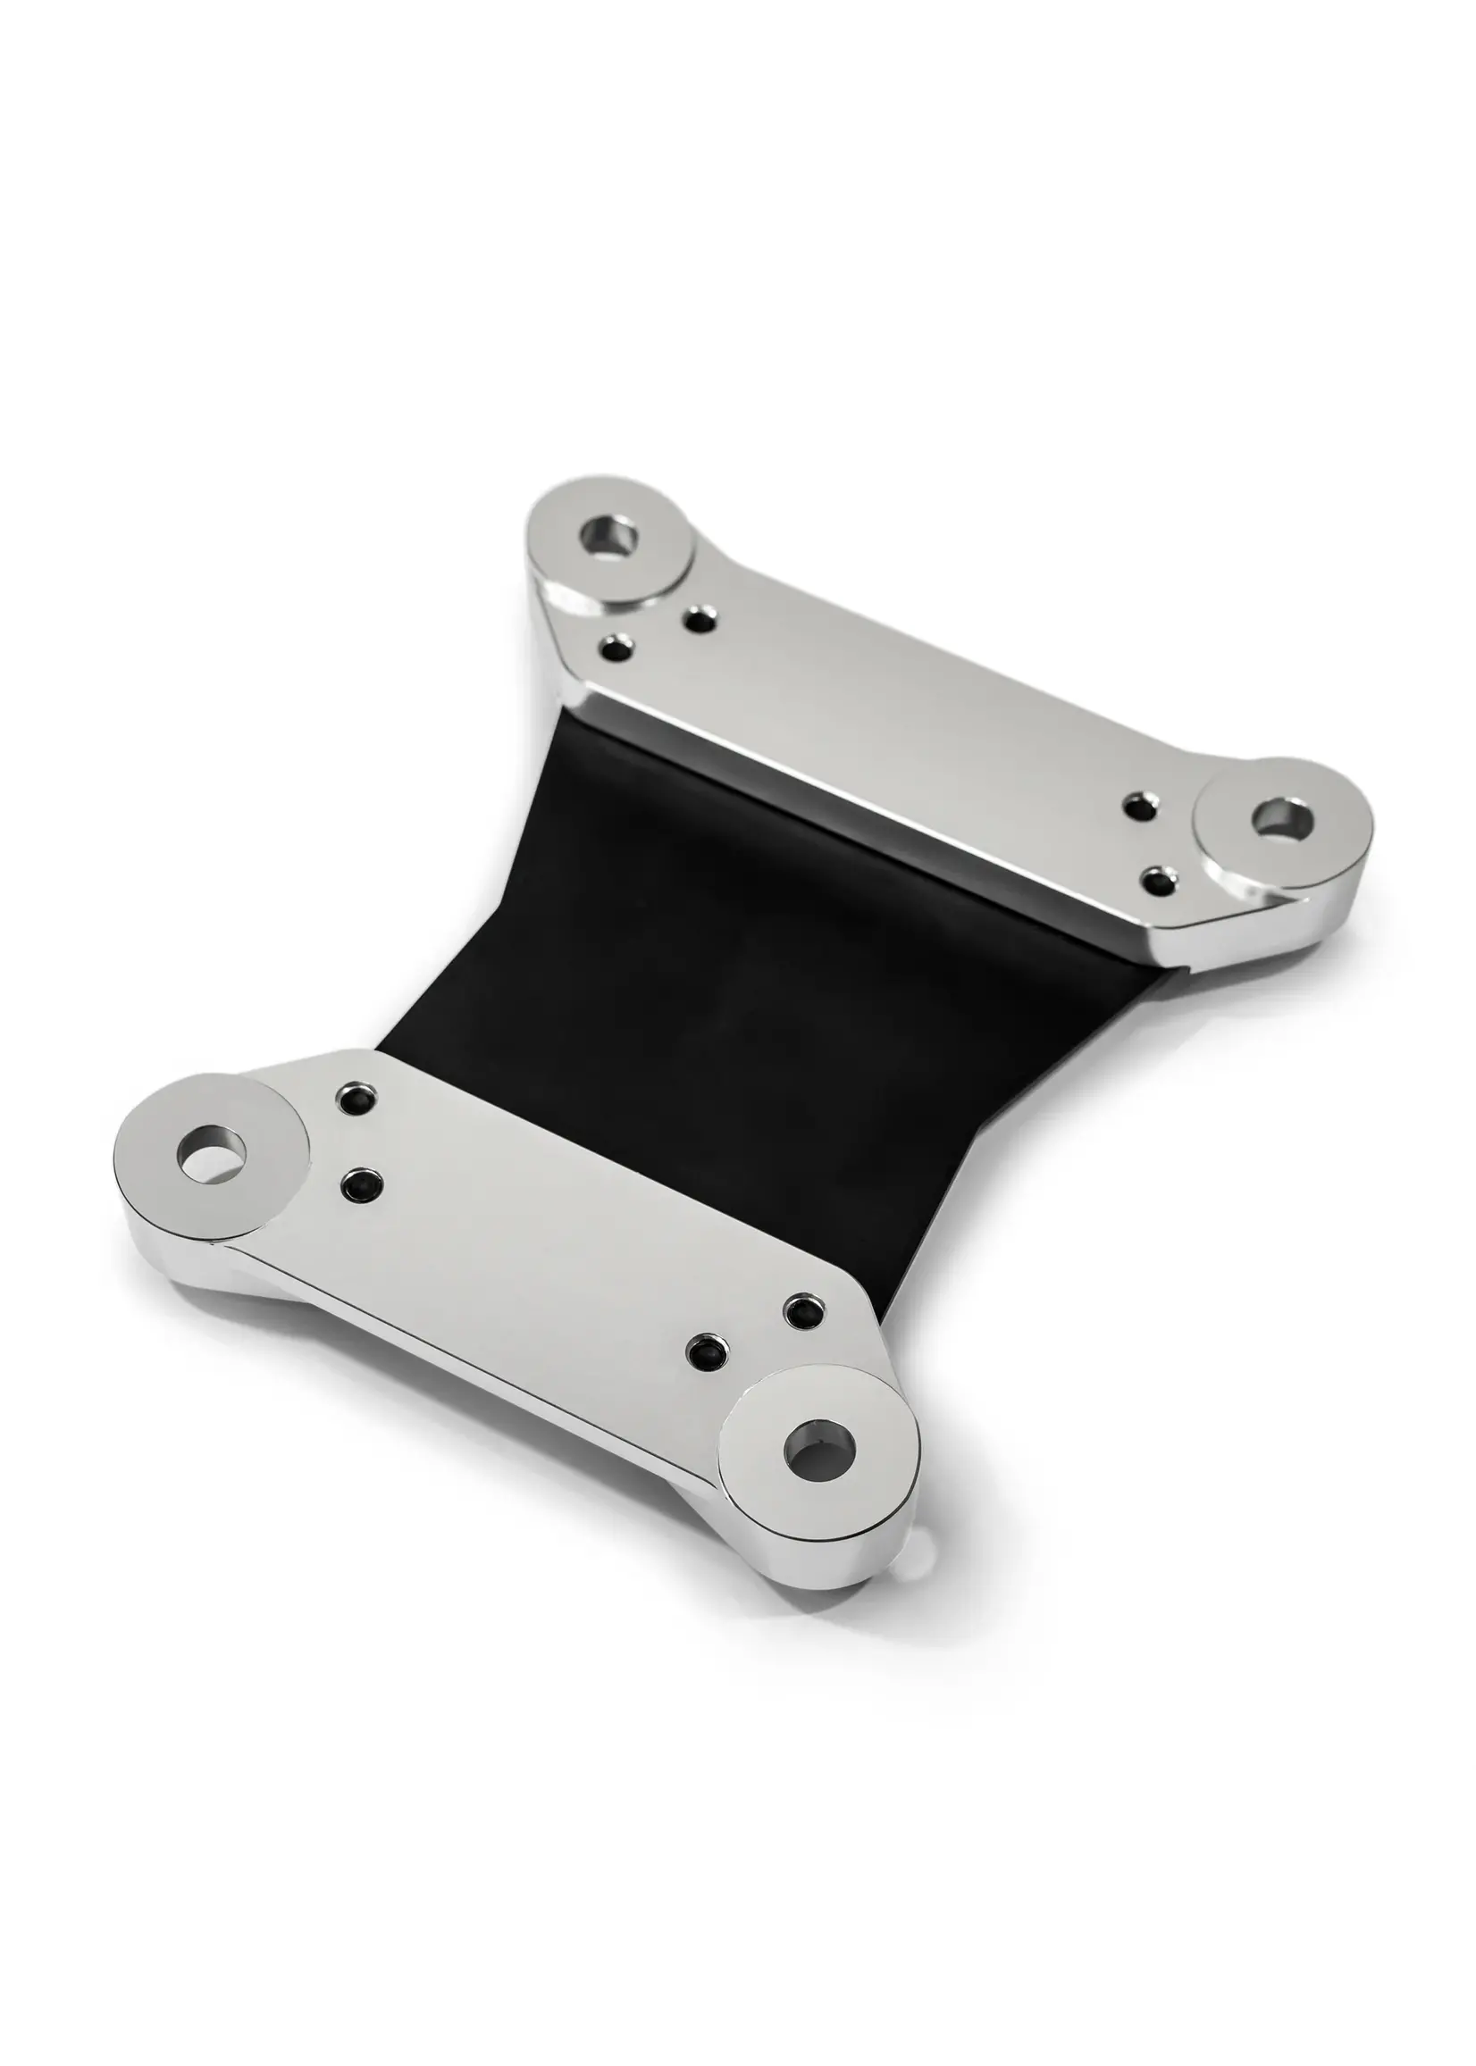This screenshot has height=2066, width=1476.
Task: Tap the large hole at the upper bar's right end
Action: pyautogui.click(x=1281, y=816)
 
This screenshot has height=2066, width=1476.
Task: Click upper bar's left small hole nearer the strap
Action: pyautogui.click(x=619, y=648)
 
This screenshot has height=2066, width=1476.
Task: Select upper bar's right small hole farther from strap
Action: pyautogui.click(x=1137, y=805)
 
